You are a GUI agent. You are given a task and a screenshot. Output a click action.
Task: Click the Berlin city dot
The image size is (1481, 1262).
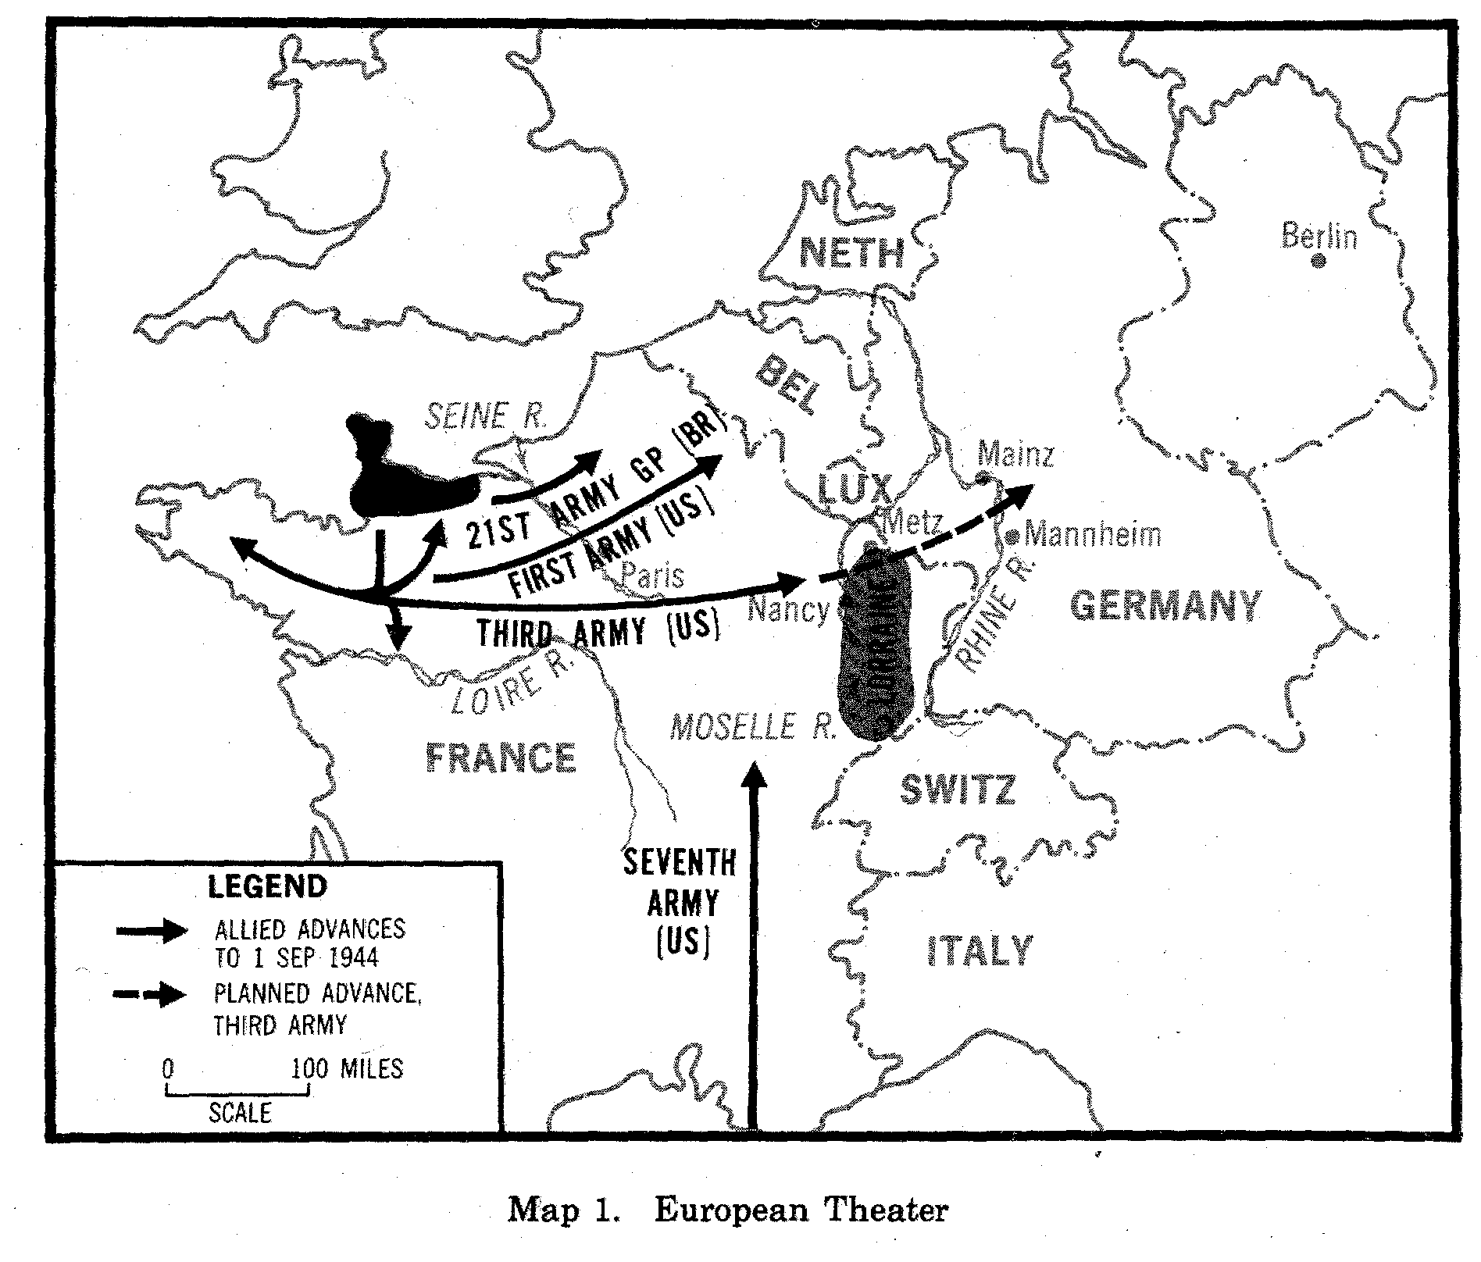coord(1319,262)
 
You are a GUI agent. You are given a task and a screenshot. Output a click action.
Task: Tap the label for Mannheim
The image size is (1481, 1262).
coord(1092,536)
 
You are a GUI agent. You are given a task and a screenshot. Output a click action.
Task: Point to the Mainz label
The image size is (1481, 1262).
coord(1015,454)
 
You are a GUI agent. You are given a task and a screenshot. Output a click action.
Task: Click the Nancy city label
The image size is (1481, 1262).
coord(788,609)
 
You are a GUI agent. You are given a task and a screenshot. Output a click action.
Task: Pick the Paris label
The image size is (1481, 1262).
coord(653,576)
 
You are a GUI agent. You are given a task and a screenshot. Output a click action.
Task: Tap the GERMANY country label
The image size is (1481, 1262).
coord(1165,605)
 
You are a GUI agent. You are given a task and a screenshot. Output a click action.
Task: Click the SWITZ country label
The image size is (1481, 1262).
coord(958,790)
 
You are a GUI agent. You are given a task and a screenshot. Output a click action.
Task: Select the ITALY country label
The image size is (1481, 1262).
coord(980,951)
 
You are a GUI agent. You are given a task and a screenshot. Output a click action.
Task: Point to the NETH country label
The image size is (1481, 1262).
coord(852,252)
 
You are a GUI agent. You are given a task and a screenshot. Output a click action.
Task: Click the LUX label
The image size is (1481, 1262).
coord(853,490)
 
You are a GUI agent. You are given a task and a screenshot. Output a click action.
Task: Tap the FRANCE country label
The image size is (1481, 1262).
coord(501,757)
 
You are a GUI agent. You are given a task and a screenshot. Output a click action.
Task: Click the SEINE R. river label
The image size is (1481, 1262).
coord(485,416)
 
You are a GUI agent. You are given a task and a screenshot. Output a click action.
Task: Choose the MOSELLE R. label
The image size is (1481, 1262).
coord(754,727)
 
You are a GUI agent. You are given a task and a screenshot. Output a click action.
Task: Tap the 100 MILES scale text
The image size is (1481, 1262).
coord(347,1068)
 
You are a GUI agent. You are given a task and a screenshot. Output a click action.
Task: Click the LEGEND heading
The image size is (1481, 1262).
coord(268,886)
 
